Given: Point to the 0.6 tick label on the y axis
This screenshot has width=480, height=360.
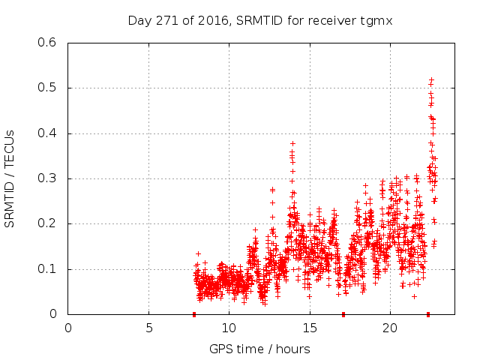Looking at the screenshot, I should tap(49, 43).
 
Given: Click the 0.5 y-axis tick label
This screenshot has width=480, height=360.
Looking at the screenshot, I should tap(49, 88).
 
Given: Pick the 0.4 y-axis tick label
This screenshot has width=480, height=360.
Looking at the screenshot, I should tap(49, 133).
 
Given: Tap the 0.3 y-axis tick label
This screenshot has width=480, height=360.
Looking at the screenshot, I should tap(49, 178).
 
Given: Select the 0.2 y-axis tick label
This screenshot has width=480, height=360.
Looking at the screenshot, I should tap(49, 223).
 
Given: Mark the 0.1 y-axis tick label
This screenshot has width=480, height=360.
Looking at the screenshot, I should tap(49, 268).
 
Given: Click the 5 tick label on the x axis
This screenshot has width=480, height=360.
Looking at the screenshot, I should tap(148, 328).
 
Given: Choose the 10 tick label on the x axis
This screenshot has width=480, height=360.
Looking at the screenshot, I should tap(229, 328).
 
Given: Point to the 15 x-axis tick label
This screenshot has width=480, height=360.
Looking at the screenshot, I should tap(309, 328).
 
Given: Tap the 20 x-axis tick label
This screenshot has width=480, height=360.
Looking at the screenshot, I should tap(390, 328).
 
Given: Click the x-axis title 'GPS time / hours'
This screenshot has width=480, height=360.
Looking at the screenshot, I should tap(260, 349).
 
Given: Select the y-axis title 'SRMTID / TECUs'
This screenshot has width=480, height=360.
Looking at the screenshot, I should tap(10, 178).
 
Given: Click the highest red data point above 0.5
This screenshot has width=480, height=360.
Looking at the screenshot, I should tap(431, 79).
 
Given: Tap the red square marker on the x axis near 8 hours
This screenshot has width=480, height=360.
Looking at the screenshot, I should tap(194, 314).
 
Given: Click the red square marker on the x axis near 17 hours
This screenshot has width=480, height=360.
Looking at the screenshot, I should tap(343, 314).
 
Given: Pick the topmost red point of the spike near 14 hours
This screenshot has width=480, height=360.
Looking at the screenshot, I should tap(292, 142).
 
